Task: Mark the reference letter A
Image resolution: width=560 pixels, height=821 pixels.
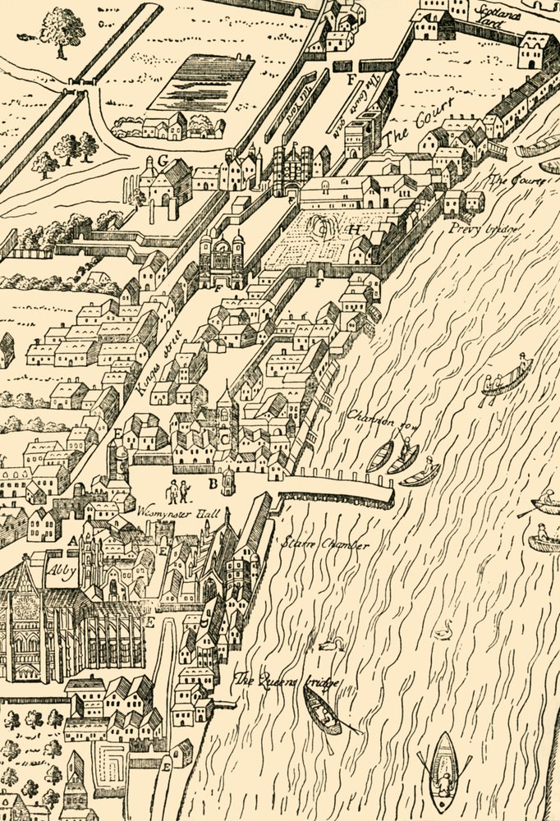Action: coord(72,542)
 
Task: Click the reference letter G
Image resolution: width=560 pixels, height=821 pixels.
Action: coord(163,159)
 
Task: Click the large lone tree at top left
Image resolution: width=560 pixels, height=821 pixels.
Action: coord(62,31)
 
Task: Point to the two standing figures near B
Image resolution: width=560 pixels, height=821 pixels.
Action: coord(178,491)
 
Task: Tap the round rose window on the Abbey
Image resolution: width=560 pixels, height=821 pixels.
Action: coord(22,608)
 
